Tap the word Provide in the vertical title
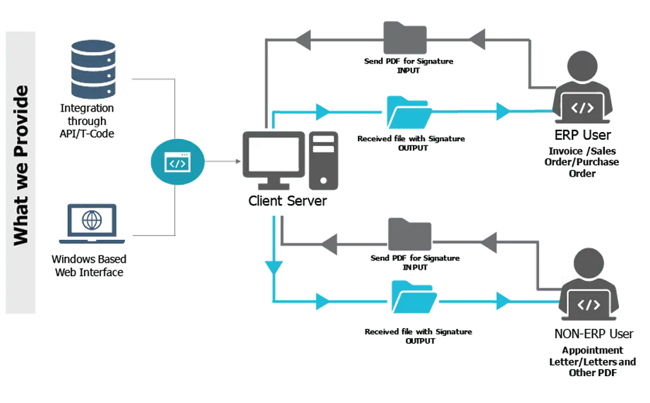pyautogui.click(x=21, y=118)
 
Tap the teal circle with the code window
pyautogui.click(x=176, y=163)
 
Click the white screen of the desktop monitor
pyautogui.click(x=274, y=155)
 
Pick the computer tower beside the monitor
pyautogui.click(x=323, y=160)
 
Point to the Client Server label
pyautogui.click(x=287, y=202)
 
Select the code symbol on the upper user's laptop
pyautogui.click(x=582, y=108)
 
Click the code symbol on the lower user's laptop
pyautogui.click(x=589, y=305)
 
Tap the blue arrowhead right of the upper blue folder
pyautogui.click(x=502, y=111)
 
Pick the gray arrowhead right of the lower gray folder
pyautogui.click(x=491, y=243)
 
